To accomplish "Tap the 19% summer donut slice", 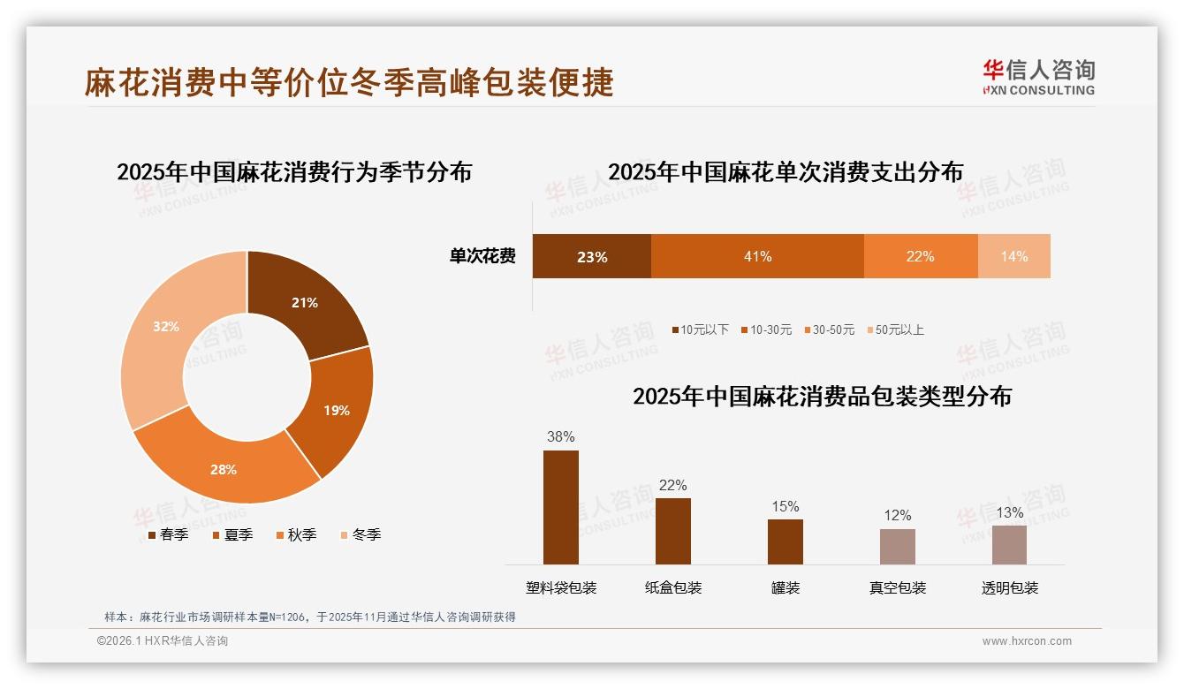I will coord(334,410).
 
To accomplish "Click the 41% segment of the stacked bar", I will coord(757,257).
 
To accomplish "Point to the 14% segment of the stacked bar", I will coord(1013,257).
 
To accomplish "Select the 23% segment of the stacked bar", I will coord(591,257).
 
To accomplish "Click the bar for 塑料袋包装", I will coord(561,507).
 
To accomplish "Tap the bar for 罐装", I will coord(785,541).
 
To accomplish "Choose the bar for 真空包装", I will coord(897,547).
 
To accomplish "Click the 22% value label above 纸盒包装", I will coord(672,485).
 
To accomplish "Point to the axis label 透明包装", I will coord(1009,588).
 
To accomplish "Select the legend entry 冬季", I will coord(361,535).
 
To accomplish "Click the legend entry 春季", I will coord(167,535).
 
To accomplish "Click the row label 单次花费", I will coord(482,257).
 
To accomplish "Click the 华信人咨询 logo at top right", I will coord(1039,77).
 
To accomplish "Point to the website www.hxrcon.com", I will coord(1027,641).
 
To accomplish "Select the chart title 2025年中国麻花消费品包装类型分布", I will coord(822,397).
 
